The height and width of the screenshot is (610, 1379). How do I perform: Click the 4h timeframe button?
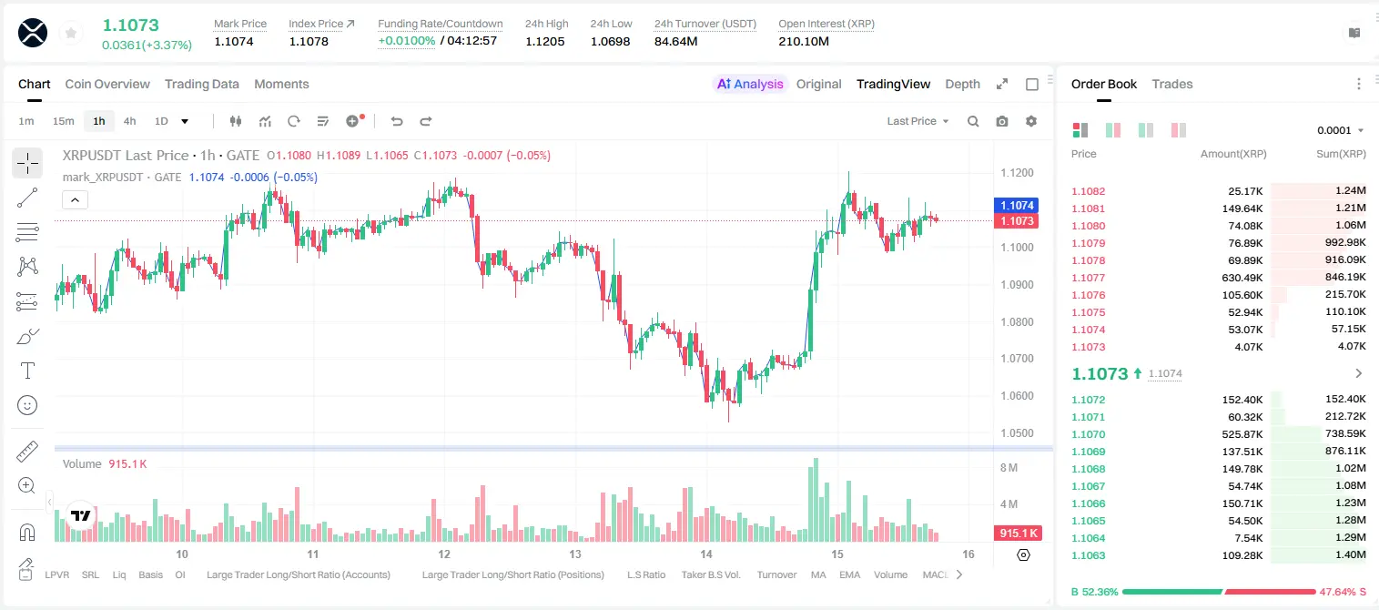129,121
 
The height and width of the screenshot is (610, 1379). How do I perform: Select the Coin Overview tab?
107,84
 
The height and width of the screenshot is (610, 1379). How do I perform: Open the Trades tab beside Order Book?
1172,84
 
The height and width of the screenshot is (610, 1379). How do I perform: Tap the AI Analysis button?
750,84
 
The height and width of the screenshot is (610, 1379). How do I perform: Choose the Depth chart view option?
962,84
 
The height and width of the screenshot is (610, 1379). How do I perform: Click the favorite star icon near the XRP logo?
71,33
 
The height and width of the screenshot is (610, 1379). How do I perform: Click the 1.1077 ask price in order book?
1088,278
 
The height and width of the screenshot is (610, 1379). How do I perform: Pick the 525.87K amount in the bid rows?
1242,434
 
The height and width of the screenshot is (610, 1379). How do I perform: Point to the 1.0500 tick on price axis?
1017,432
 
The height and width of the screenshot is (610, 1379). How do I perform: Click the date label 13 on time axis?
575,554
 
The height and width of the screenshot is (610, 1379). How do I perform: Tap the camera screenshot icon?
1002,121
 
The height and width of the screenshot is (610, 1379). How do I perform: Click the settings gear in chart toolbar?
1031,121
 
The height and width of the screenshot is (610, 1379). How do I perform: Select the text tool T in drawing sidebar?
27,371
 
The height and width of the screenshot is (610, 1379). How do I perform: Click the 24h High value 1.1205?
545,41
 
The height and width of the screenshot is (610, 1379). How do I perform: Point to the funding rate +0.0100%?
406,41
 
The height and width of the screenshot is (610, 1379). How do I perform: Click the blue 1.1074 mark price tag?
1017,205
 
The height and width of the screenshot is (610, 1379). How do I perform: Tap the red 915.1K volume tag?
1019,533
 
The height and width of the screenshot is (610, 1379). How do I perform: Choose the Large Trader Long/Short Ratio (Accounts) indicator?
299,574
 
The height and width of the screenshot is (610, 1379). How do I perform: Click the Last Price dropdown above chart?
918,121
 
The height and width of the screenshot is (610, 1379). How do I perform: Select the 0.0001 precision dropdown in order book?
1340,130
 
